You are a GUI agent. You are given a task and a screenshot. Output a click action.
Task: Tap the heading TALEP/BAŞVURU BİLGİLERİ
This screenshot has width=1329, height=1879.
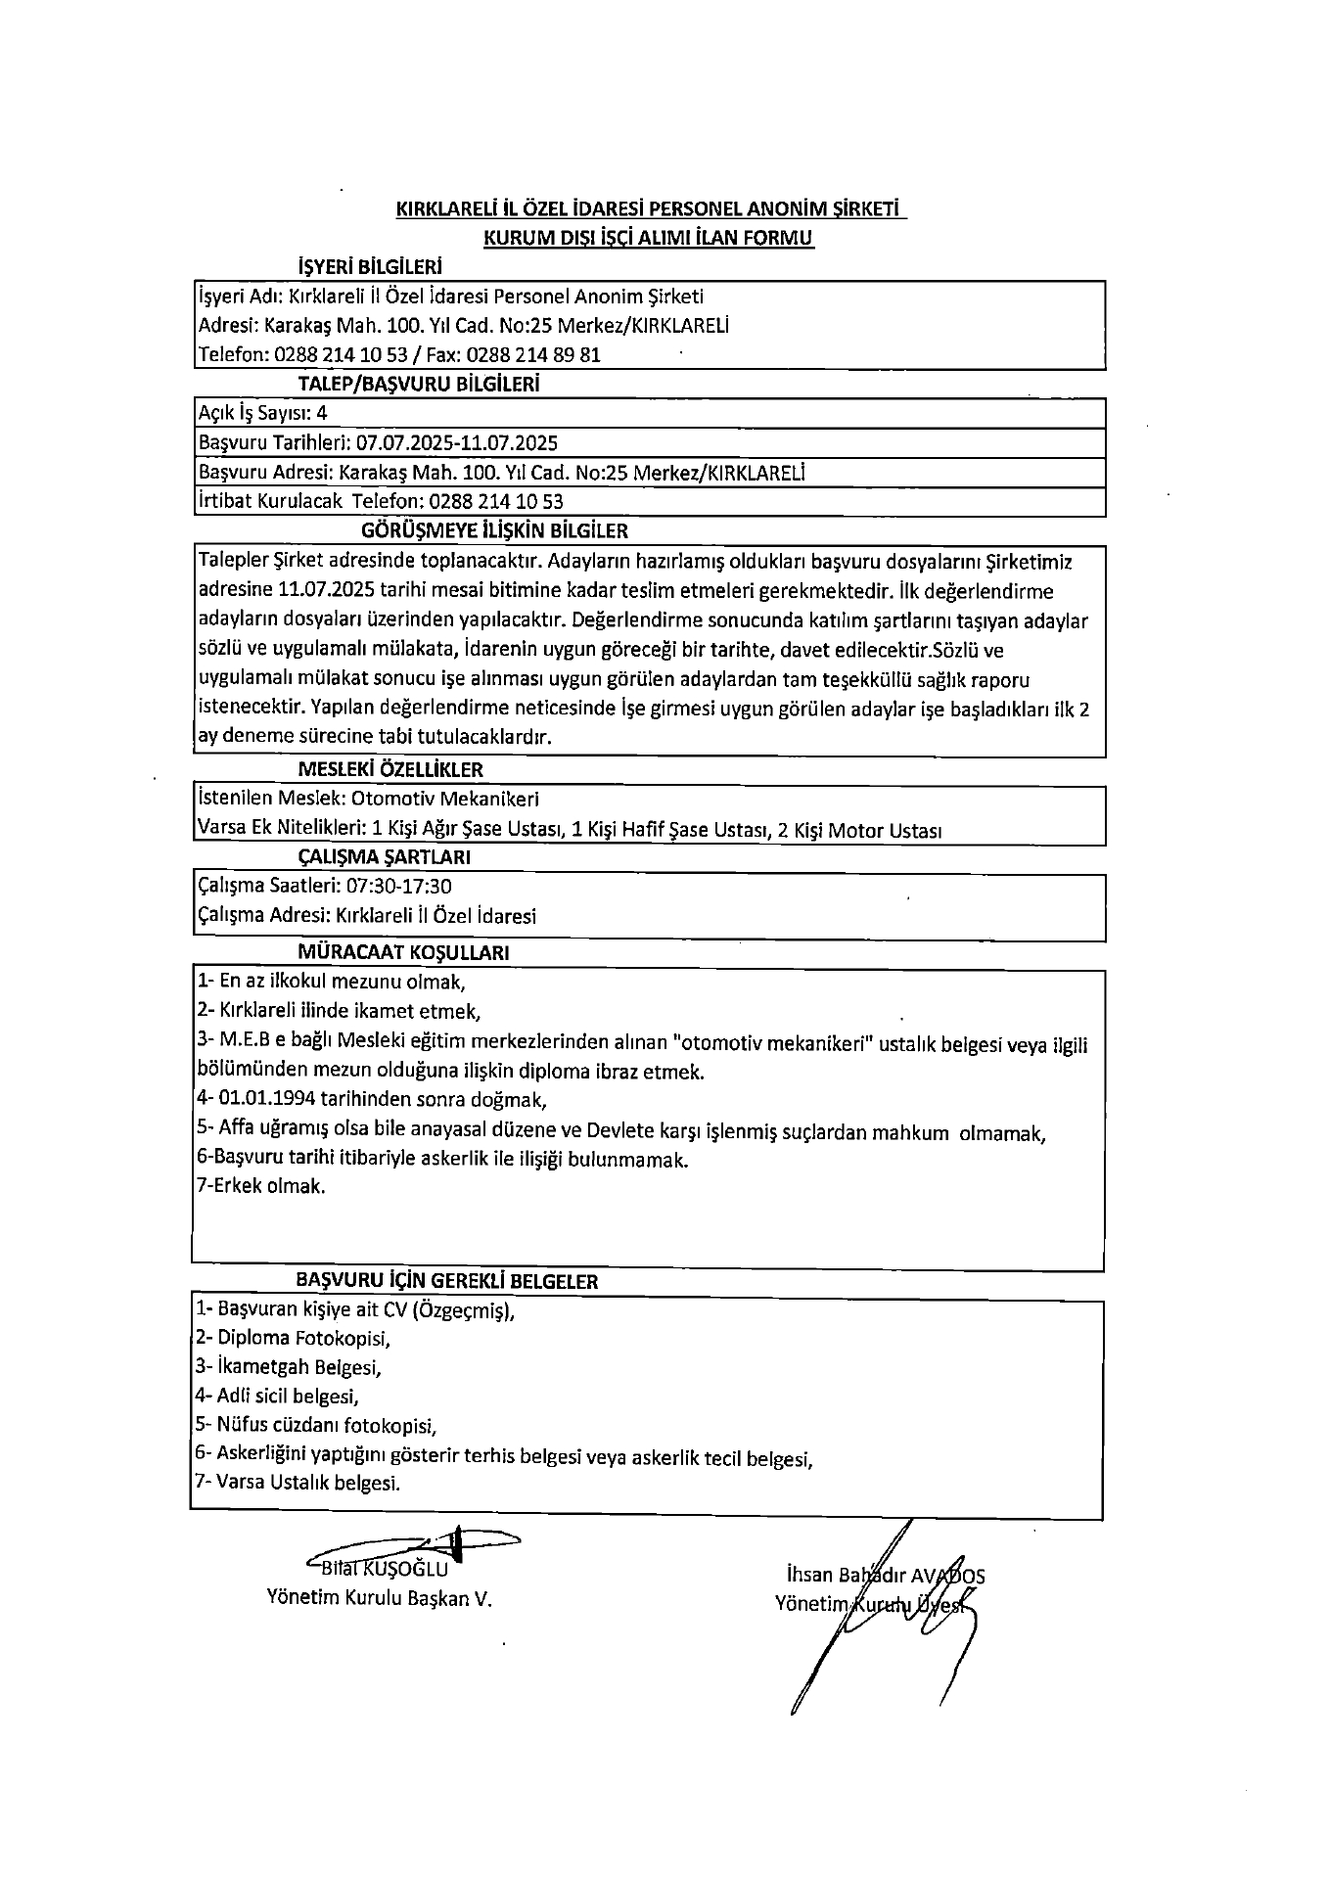(419, 385)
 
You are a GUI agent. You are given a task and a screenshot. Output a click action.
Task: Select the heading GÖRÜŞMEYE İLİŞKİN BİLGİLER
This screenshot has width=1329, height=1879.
(494, 530)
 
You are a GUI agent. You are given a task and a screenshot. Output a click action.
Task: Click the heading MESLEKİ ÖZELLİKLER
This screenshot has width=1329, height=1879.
(390, 769)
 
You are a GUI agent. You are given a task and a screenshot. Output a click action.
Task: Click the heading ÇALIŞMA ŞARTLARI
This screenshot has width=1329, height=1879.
(385, 857)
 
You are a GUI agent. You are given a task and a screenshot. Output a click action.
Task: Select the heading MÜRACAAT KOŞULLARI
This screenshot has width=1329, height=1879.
(403, 952)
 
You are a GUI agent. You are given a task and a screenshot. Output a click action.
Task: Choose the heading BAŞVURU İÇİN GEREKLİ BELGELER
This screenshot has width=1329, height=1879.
(447, 1281)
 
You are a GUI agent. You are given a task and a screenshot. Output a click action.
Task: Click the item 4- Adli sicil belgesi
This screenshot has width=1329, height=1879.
(278, 1396)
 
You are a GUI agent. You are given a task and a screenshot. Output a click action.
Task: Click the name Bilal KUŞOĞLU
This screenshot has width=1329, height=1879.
(385, 1569)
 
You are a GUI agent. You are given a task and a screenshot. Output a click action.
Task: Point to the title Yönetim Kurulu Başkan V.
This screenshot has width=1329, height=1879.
(380, 1598)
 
